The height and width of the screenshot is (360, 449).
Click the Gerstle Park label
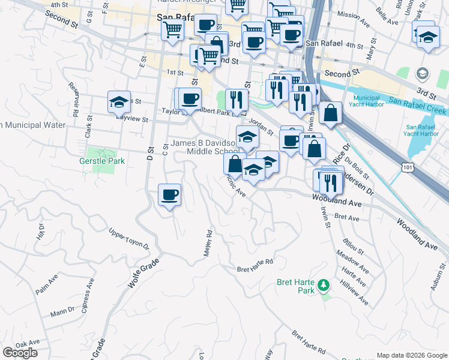click(x=102, y=161)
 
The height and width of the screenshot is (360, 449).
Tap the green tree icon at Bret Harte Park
click(x=324, y=283)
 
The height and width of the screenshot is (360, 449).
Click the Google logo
click(x=20, y=352)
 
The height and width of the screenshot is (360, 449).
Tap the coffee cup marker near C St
click(x=169, y=195)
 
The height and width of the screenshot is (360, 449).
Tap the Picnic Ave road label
click(x=236, y=186)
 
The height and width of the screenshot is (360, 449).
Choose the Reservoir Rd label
click(x=75, y=99)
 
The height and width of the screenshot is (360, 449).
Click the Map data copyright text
click(x=412, y=355)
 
